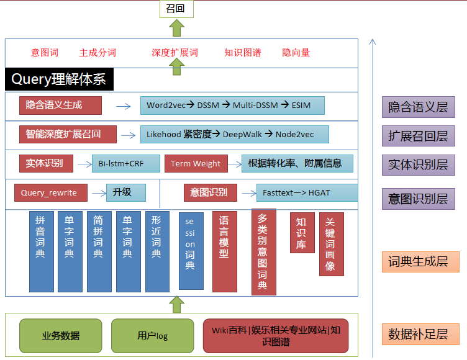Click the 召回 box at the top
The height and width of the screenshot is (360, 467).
click(176, 9)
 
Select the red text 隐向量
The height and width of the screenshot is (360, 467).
click(296, 53)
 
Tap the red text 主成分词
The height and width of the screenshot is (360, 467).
click(97, 53)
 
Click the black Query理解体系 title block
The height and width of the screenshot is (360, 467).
click(59, 79)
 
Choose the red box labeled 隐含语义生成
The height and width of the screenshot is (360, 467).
click(60, 106)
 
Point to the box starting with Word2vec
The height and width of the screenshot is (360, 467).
click(232, 106)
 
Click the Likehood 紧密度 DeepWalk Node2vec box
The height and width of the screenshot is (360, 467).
click(235, 134)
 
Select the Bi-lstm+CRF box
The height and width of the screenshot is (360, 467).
click(126, 163)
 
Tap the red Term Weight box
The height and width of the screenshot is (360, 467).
click(196, 163)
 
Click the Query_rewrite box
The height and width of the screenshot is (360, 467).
click(51, 192)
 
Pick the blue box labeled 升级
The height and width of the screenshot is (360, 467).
click(126, 192)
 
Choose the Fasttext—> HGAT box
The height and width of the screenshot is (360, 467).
click(307, 192)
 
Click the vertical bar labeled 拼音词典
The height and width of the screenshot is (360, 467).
click(42, 251)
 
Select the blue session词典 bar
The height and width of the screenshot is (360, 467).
click(191, 251)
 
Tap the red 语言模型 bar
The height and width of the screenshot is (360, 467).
click(225, 251)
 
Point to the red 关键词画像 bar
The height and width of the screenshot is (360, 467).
click(332, 244)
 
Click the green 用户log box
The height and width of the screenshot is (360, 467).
click(153, 336)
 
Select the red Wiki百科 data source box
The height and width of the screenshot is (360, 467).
click(276, 336)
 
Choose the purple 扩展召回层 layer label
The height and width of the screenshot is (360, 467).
click(419, 136)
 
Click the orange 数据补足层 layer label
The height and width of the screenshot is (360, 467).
click(420, 334)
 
